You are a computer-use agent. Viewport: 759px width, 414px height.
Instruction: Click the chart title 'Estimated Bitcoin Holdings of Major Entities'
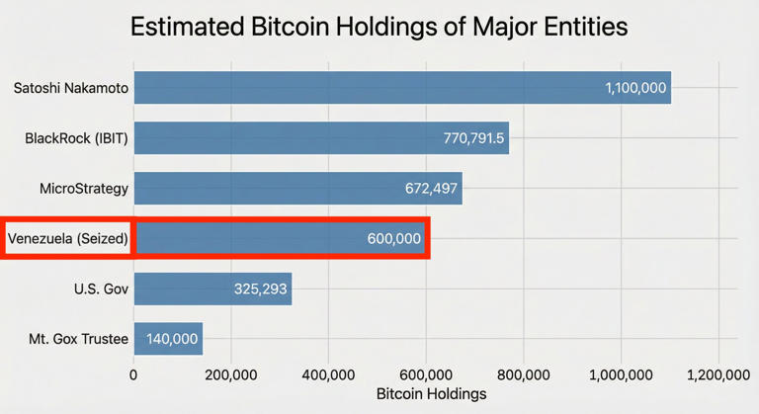(x=379, y=27)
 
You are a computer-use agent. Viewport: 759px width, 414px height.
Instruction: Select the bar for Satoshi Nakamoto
(x=366, y=88)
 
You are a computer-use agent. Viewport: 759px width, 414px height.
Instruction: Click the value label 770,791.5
(x=472, y=138)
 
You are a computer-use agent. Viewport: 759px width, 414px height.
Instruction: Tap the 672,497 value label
(x=431, y=188)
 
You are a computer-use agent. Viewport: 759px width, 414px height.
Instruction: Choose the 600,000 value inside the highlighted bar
(x=394, y=239)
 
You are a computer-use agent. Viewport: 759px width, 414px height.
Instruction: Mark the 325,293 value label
(x=261, y=290)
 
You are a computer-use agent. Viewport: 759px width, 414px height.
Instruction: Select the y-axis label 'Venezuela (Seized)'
(x=68, y=239)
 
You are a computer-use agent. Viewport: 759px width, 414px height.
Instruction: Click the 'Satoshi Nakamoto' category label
(x=71, y=88)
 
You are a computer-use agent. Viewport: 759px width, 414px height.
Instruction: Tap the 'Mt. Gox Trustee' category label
(x=79, y=339)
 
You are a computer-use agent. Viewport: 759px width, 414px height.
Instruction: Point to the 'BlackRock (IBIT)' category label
(x=76, y=138)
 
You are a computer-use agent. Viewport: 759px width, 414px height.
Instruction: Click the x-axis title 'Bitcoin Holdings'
(x=432, y=394)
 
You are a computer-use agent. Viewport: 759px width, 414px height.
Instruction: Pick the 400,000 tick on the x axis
(x=328, y=374)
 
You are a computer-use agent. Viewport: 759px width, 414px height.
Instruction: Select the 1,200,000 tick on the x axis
(x=718, y=374)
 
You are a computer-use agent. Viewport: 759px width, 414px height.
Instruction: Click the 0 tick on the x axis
(x=134, y=374)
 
